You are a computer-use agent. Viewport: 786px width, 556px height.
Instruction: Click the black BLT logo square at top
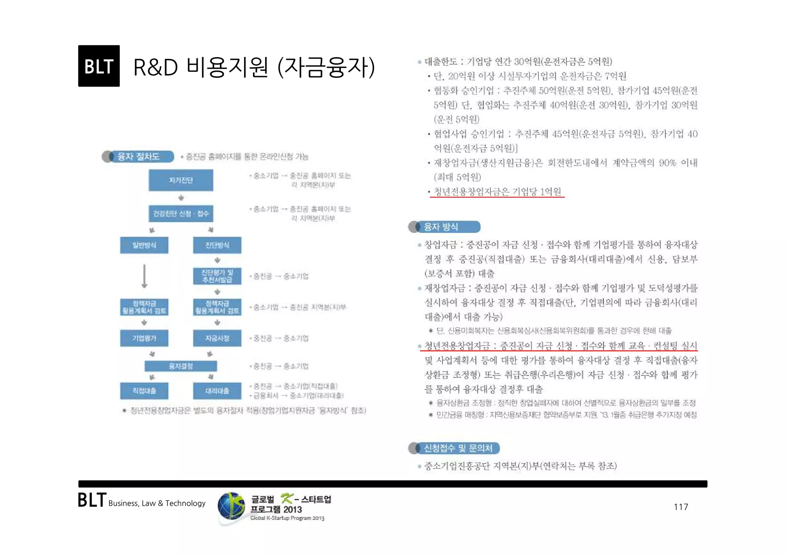[99, 66]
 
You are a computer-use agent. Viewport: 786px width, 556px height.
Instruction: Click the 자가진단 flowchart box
[181, 180]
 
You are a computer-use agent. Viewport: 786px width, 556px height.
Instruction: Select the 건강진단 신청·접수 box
[181, 214]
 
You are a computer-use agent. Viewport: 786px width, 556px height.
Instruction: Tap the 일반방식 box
[144, 245]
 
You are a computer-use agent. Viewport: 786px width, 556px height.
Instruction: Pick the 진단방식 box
[217, 245]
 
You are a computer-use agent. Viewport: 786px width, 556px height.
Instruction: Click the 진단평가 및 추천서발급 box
[217, 276]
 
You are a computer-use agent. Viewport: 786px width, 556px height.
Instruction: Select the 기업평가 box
[144, 338]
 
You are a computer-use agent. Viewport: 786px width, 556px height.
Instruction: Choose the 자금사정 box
[217, 338]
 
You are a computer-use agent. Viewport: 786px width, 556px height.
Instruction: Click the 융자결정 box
[181, 366]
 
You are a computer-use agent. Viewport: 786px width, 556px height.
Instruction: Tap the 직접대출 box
[144, 391]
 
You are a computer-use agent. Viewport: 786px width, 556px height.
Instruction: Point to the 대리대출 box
[217, 391]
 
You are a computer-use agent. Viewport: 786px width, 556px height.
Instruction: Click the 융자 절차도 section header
[138, 157]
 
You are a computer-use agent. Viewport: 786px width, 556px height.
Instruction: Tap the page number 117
[681, 507]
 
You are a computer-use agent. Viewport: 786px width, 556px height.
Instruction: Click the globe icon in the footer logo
[231, 506]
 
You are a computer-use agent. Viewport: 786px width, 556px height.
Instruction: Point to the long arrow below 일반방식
[144, 276]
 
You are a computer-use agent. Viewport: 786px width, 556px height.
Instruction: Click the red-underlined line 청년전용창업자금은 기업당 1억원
[497, 191]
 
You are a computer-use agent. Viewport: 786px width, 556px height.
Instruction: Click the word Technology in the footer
[185, 503]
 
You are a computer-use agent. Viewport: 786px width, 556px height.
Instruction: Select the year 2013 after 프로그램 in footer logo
[292, 510]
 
